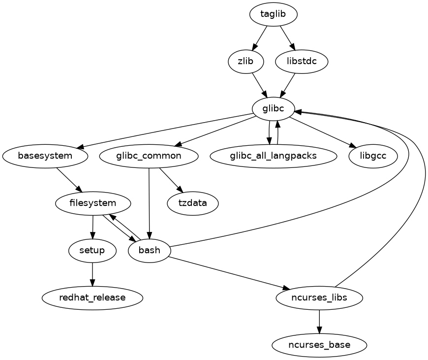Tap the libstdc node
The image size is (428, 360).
pyautogui.click(x=302, y=62)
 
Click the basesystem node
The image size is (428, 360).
pyautogui.click(x=45, y=156)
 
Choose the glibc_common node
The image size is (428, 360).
pyautogui.click(x=149, y=156)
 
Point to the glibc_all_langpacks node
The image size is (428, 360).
pyautogui.click(x=274, y=156)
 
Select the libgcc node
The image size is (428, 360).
pyautogui.click(x=373, y=156)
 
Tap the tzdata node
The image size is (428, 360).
pyautogui.click(x=193, y=203)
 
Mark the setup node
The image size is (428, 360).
pyautogui.click(x=92, y=251)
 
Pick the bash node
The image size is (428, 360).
pyautogui.click(x=150, y=251)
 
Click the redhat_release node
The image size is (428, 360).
pyautogui.click(x=92, y=298)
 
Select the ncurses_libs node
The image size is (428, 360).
pyautogui.click(x=320, y=298)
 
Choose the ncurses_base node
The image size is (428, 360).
pyautogui.click(x=320, y=345)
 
